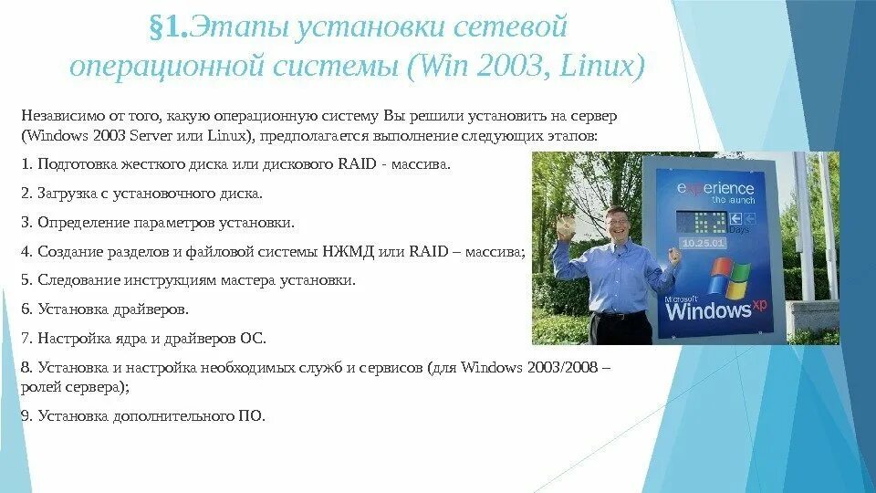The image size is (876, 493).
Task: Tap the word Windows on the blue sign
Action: coord(708,310)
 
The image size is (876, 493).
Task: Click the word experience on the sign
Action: coord(715,188)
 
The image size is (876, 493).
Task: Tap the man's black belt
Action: coord(620,314)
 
